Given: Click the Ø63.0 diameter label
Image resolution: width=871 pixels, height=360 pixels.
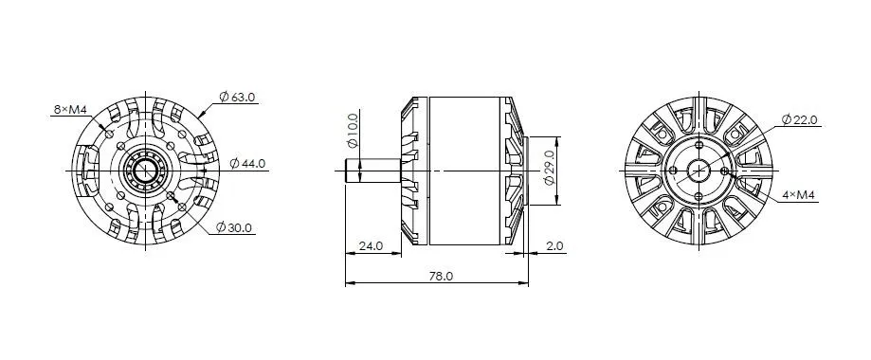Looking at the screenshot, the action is (x=237, y=98).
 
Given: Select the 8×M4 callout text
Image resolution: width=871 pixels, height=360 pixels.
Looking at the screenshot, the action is (x=69, y=110).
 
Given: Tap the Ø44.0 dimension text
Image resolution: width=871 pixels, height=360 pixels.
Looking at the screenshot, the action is (x=247, y=163).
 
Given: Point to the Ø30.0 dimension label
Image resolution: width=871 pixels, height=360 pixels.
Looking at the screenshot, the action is (x=234, y=227).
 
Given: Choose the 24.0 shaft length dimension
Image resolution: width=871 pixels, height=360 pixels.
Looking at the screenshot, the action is (x=372, y=245).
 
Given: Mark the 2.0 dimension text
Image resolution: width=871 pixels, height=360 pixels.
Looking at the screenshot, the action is (x=555, y=245).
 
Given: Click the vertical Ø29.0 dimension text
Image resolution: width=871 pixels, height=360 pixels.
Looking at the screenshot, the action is (x=549, y=169).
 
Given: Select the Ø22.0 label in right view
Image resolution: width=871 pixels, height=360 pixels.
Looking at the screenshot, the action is (x=799, y=119).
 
